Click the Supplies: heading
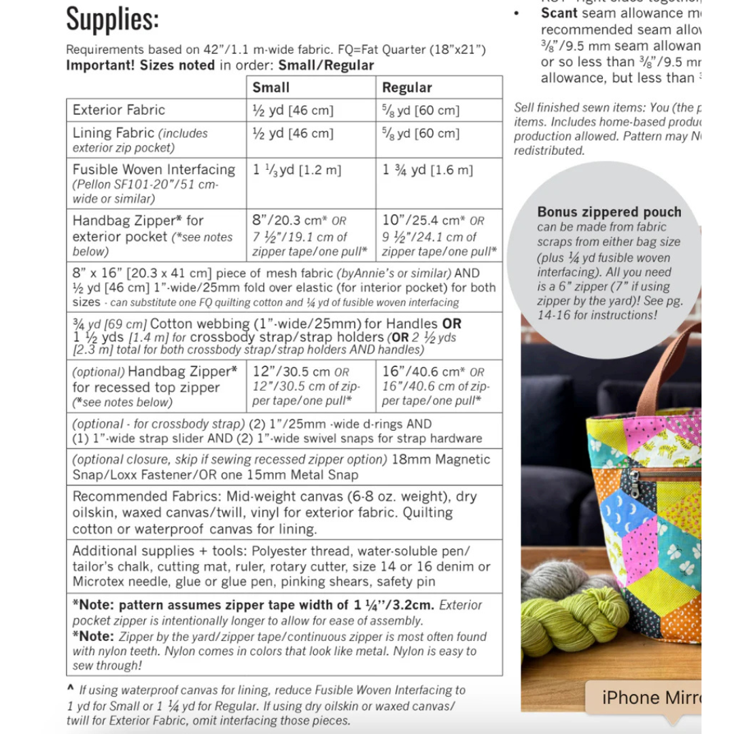pos(112,19)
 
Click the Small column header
pos(270,87)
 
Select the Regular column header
pos(406,87)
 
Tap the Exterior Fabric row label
pos(119,109)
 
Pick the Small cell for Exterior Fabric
pos(293,110)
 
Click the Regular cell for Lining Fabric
pos(421,133)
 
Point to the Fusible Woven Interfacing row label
pos(154,169)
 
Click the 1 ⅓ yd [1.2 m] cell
pos(297,170)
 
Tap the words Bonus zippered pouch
pos(609,212)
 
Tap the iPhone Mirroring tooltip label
pos(642,697)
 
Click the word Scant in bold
pos(559,13)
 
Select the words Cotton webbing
pos(200,324)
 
